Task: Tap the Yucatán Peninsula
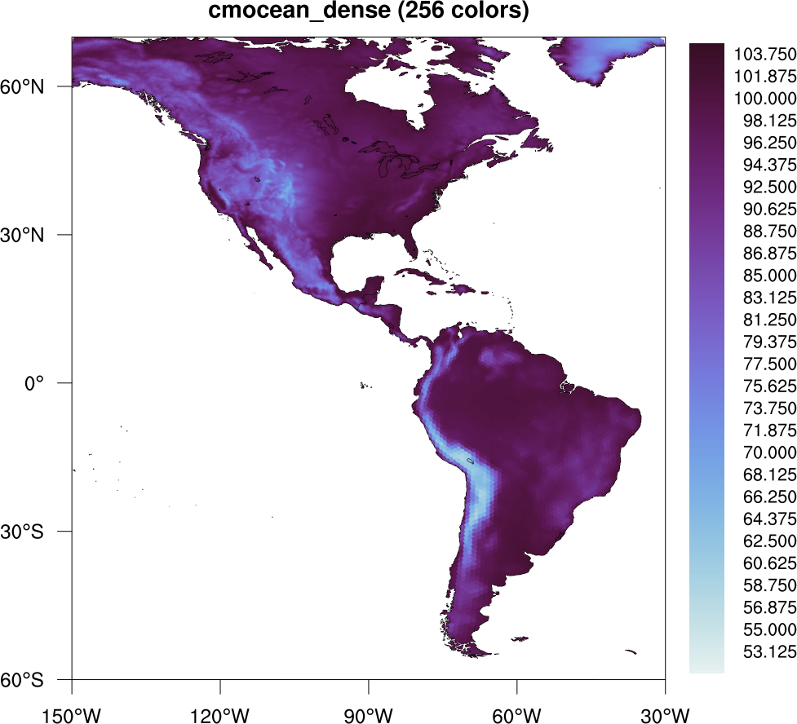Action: tap(373, 288)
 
